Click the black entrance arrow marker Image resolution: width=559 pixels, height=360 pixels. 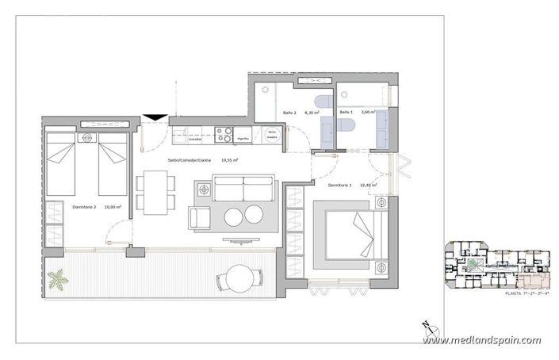[155, 118]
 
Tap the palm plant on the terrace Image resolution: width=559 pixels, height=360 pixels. [58, 280]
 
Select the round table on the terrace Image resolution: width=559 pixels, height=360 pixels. [239, 278]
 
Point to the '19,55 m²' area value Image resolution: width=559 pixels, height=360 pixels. [229, 159]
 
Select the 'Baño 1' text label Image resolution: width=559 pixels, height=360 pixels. [345, 113]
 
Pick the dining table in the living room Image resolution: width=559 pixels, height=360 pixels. [155, 193]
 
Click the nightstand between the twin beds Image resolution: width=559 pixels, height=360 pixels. [86, 139]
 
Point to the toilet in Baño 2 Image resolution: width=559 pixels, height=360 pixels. [321, 102]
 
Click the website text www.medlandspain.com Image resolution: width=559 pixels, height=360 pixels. [481, 340]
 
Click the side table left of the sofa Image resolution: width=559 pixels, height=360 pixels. [204, 190]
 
